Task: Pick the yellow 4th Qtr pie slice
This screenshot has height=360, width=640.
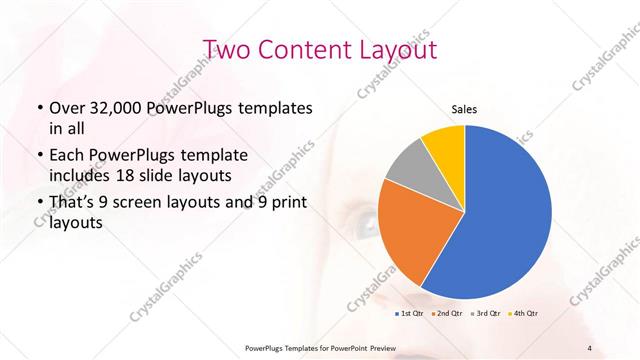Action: pyautogui.click(x=443, y=145)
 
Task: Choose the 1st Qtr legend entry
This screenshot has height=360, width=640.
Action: pyautogui.click(x=409, y=313)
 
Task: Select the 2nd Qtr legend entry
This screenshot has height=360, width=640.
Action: pyautogui.click(x=446, y=313)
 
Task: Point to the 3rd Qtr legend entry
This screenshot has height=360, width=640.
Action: pyautogui.click(x=485, y=313)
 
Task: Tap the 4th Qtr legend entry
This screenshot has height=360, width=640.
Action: pyautogui.click(x=524, y=313)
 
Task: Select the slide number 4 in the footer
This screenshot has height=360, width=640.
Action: pyautogui.click(x=590, y=347)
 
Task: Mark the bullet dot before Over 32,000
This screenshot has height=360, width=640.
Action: pyautogui.click(x=39, y=108)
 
